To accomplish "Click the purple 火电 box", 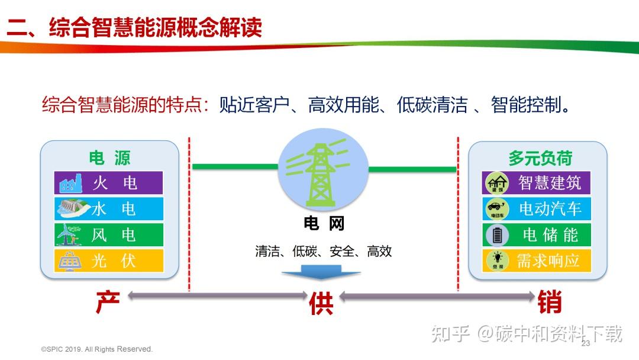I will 108,183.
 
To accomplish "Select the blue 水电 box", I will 108,209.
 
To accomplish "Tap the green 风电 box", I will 108,235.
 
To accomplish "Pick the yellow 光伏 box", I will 108,261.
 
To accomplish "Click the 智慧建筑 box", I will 536,183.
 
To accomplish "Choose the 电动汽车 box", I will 536,209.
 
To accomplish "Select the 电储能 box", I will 536,235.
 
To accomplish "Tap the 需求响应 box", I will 536,261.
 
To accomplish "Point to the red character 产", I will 108,303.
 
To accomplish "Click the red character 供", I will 321,303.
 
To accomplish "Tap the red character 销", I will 550,303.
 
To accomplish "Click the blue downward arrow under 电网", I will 321,271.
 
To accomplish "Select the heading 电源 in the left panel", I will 109,157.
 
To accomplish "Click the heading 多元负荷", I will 540,158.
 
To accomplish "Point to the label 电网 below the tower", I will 324,223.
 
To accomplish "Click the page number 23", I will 586,344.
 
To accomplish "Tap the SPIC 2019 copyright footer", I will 96,349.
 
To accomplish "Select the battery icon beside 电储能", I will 496,235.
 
